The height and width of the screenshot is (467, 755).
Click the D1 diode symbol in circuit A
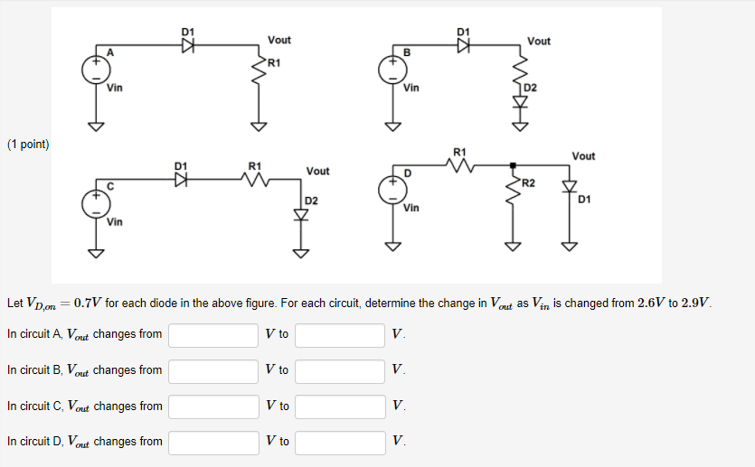188,48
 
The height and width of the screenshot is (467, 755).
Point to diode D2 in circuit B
519,100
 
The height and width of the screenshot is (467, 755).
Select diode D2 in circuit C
302,214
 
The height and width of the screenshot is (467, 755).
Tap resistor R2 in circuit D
513,191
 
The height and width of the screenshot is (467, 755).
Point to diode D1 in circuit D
570,187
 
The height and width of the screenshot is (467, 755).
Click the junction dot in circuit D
513,165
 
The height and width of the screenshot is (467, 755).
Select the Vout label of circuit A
279,41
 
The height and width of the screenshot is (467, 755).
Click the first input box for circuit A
213,335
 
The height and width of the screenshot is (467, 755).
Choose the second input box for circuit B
340,371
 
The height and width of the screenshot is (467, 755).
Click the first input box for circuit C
213,406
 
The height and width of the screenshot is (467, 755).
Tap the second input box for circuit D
340,443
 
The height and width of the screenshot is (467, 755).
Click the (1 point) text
28,145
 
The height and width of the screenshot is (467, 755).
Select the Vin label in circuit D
411,209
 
